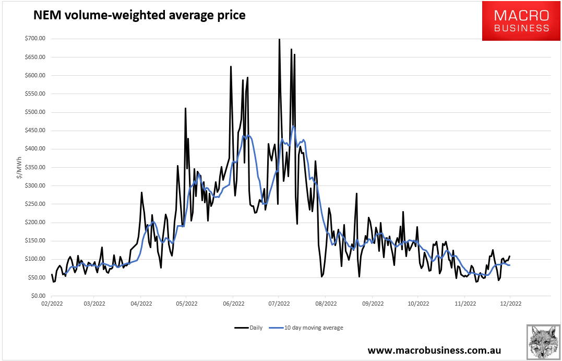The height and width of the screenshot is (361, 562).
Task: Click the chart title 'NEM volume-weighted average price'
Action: pos(139,16)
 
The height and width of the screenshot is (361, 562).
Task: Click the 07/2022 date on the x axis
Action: pos(279,304)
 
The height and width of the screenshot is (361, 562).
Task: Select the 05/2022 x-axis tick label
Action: pos(186,304)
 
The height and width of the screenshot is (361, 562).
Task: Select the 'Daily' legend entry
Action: pos(249,328)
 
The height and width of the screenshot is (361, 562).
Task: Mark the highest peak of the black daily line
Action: pos(279,39)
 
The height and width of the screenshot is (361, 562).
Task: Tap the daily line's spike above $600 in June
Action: pos(231,67)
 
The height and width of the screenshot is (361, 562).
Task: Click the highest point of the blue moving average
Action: pos(293,126)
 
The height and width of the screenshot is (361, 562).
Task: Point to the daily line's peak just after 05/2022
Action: pos(185,109)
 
